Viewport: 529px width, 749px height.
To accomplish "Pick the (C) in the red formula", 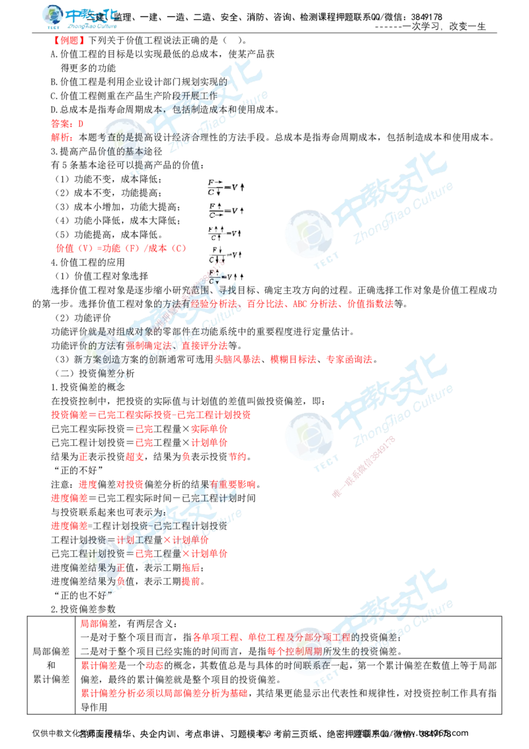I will [x=177, y=249].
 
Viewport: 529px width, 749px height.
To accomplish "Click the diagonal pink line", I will [x=364, y=466].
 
